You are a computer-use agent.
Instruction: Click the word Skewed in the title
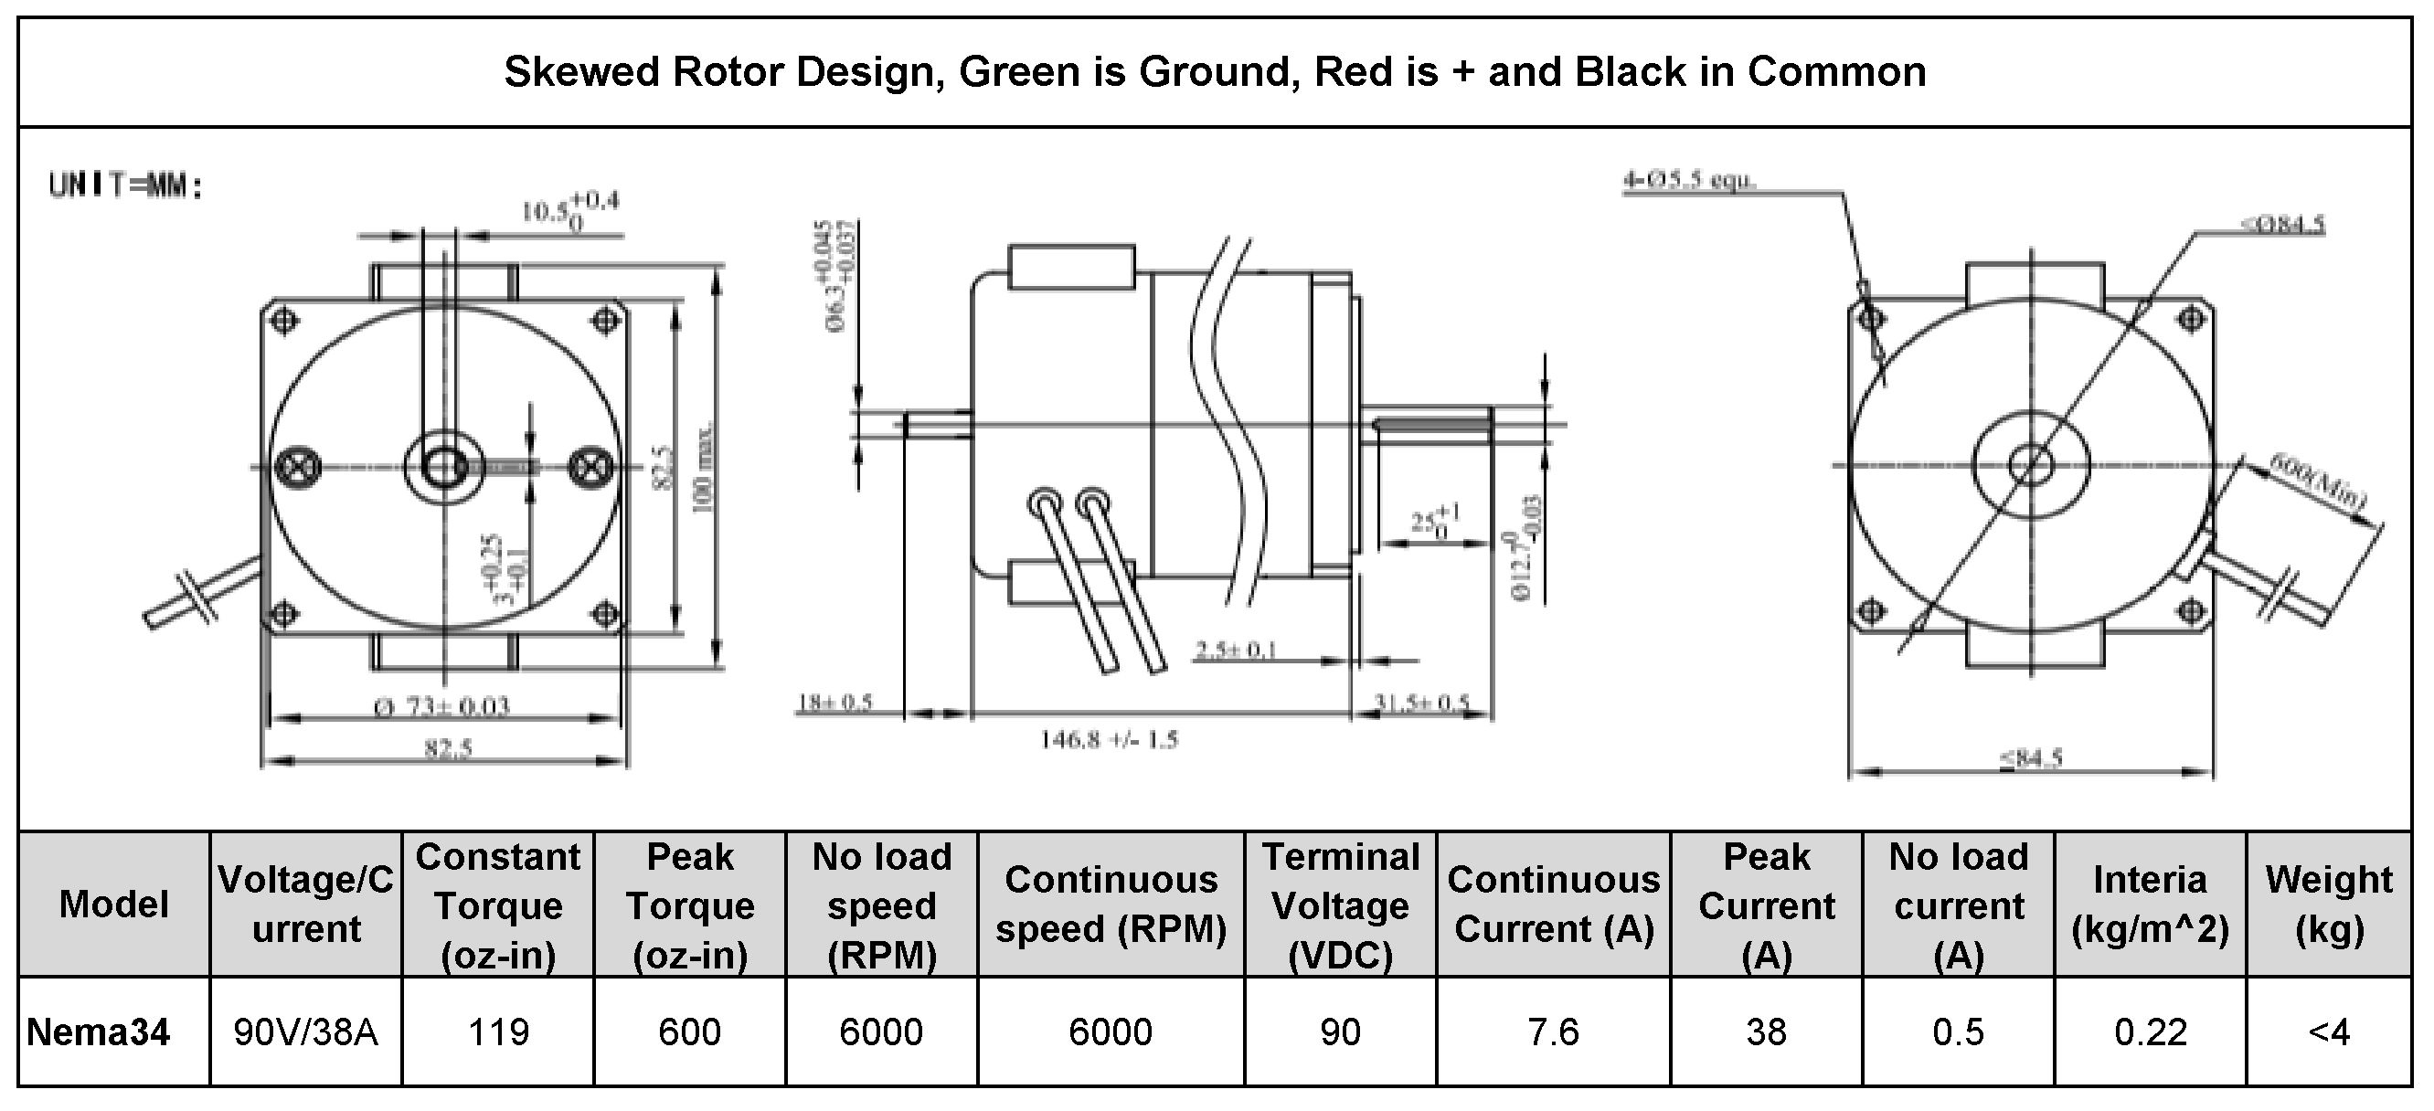tap(582, 73)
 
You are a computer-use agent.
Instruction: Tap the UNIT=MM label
tap(125, 186)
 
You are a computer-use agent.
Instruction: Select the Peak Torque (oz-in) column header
tap(690, 905)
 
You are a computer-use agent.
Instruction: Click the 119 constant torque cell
tap(498, 1032)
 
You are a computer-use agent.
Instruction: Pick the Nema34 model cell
tap(99, 1032)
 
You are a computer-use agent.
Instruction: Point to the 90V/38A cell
tap(306, 1032)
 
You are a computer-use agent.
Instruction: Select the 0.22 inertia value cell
tap(2150, 1032)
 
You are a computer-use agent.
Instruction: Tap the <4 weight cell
tap(2328, 1032)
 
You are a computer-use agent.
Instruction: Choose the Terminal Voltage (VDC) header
tap(1340, 905)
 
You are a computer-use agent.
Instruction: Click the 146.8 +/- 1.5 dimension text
tap(1110, 740)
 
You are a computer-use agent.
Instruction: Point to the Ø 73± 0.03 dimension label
tap(442, 705)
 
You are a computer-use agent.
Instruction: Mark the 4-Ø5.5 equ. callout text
tap(1688, 179)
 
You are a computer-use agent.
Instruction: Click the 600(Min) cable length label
tap(2318, 482)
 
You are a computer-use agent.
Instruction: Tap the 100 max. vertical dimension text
tap(704, 469)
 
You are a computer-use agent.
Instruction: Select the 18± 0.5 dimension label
tap(835, 703)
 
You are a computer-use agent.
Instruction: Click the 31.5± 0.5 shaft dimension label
tap(1422, 703)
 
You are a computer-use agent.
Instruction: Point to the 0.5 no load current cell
tap(1958, 1032)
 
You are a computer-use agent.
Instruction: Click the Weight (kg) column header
tap(2328, 905)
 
